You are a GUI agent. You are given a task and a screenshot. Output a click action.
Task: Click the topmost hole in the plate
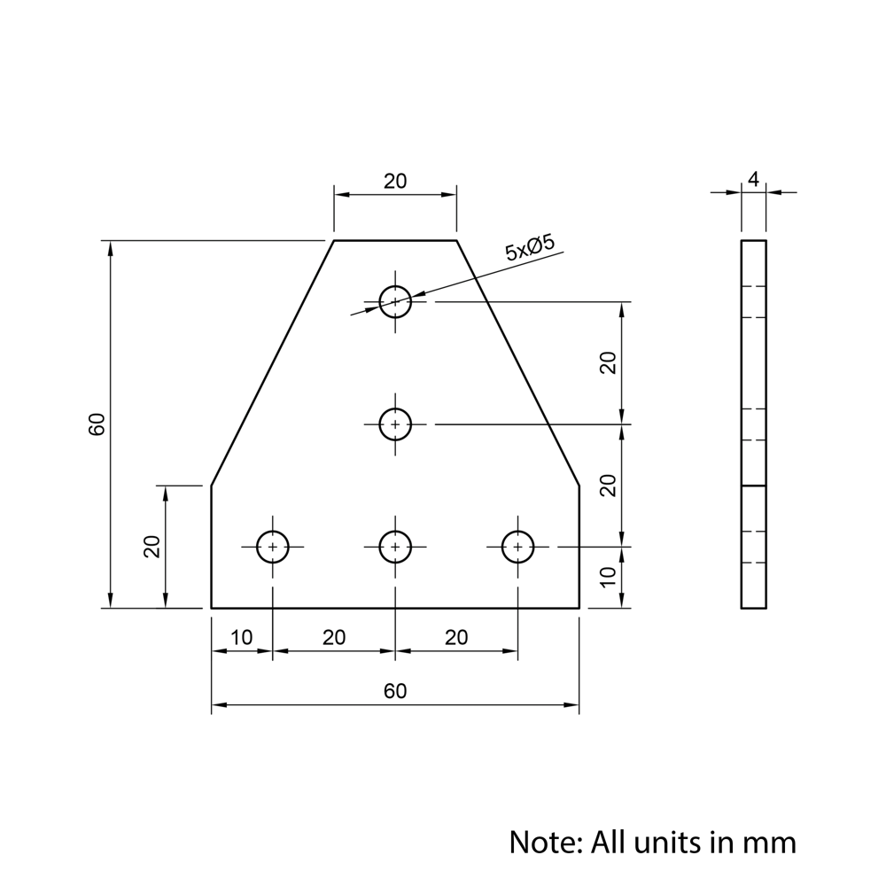click(395, 301)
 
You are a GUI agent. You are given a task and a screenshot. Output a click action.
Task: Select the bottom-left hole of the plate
click(273, 547)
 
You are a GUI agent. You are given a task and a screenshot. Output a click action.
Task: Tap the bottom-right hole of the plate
click(517, 547)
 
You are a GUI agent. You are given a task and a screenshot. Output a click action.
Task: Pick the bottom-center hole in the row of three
click(395, 547)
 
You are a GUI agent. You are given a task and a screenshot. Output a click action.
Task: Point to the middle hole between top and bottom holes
click(395, 424)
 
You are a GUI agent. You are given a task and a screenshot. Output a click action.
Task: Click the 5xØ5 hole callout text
click(530, 248)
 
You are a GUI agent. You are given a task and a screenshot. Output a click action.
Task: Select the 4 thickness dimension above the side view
click(753, 180)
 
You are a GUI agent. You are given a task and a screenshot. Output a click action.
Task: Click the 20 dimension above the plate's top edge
click(395, 181)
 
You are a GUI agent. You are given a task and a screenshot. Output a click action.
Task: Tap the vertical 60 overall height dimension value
click(97, 424)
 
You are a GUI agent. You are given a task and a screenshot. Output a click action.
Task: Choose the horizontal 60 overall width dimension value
click(395, 691)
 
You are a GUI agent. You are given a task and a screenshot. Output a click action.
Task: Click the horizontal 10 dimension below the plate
click(241, 638)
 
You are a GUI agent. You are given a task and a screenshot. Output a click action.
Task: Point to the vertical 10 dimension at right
click(608, 577)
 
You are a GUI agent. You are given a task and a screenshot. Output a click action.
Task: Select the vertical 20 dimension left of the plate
click(152, 547)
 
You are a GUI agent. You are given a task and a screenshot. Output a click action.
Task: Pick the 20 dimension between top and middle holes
click(608, 362)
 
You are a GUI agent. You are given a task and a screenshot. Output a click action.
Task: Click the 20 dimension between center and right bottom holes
click(456, 638)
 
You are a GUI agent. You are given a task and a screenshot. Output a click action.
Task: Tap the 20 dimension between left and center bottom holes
click(334, 638)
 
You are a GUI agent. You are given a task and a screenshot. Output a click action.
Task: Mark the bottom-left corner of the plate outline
click(211, 608)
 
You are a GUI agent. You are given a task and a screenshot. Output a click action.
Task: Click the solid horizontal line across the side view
click(753, 486)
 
